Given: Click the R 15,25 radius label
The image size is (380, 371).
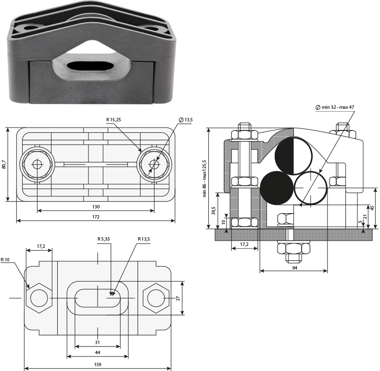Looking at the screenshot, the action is click(114, 119).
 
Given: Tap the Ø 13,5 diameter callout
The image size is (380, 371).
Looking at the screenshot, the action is click(186, 119).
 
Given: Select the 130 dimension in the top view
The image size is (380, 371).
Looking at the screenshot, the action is click(96, 206).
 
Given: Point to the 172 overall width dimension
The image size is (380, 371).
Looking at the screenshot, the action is click(96, 217).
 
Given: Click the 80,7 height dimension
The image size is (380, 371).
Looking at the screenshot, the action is click(4, 164).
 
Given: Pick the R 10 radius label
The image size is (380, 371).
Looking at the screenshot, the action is click(5, 260).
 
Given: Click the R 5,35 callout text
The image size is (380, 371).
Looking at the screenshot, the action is click(104, 239).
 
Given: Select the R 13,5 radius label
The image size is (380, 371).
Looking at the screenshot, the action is click(144, 239).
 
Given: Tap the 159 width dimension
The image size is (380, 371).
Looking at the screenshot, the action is click(98, 364).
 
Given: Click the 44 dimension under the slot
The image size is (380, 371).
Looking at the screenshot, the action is click(98, 352).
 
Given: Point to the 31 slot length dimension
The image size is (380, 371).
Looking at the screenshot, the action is click(98, 343).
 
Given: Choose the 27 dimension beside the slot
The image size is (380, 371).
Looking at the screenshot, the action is click(178, 298).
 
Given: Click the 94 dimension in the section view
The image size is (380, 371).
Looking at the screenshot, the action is click(294, 268).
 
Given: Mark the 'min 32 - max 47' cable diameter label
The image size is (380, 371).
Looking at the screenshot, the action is click(335, 107).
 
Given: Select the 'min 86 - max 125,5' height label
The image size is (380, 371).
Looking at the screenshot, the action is click(205, 178).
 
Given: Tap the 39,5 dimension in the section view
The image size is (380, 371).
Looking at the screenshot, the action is click(214, 210).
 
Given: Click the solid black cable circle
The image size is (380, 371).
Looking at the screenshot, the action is click(277, 188).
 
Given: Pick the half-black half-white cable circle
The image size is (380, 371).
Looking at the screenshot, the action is click(294, 156).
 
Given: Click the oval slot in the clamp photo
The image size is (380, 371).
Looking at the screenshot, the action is click(90, 65).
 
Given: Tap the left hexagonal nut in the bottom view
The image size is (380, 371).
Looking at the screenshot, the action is click(39, 298).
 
